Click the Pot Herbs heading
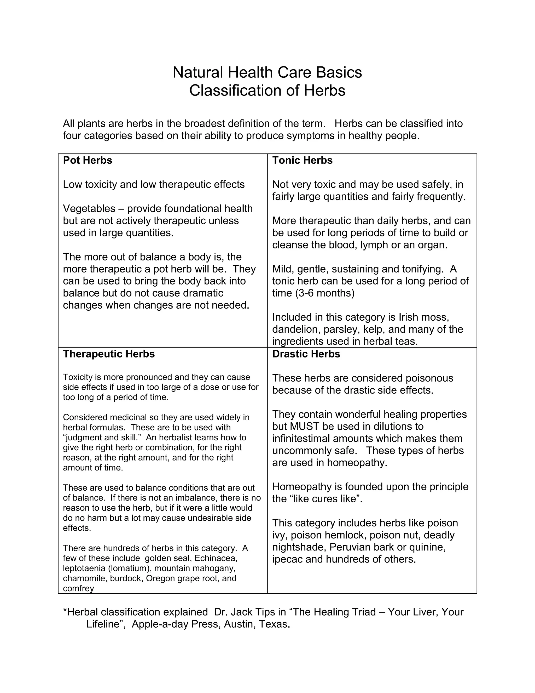coord(88,160)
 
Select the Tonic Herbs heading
coord(302,160)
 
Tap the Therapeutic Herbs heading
coord(109,354)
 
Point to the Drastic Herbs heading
coord(306,354)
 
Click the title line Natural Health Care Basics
coord(267,72)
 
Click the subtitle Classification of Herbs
coord(267,90)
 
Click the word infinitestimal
coord(300,439)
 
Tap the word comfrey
coord(78,589)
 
